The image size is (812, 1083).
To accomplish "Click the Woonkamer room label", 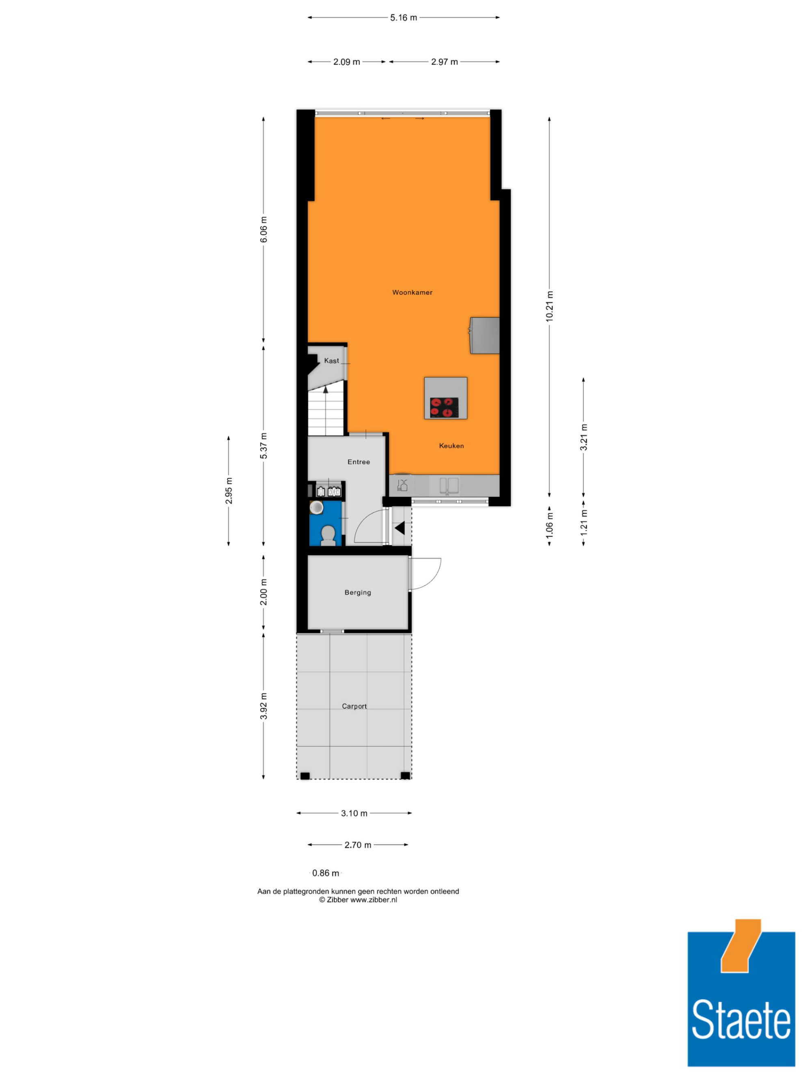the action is (412, 292).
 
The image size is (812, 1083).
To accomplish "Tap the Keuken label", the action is (451, 445).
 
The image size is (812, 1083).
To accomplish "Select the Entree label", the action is (359, 462).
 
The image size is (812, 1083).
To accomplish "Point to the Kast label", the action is (331, 360).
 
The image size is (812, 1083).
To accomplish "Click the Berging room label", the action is (358, 592).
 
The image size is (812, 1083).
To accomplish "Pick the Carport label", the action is (354, 706).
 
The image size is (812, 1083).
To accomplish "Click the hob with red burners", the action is (445, 408).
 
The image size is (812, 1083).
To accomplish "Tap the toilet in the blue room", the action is (328, 536).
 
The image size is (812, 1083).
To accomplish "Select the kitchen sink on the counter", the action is (449, 486).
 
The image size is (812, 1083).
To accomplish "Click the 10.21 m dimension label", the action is (550, 306).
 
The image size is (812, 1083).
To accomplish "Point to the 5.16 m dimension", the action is (403, 17).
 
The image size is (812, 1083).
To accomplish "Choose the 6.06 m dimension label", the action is (263, 229).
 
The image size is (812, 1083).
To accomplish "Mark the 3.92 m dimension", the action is (263, 706).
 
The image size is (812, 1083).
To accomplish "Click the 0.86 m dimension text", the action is (326, 873).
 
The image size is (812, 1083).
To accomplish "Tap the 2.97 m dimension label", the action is (445, 62).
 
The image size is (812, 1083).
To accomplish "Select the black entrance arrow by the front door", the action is (400, 528).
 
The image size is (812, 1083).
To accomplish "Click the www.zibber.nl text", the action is (374, 899).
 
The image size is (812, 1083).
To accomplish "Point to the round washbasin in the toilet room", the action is (317, 507).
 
